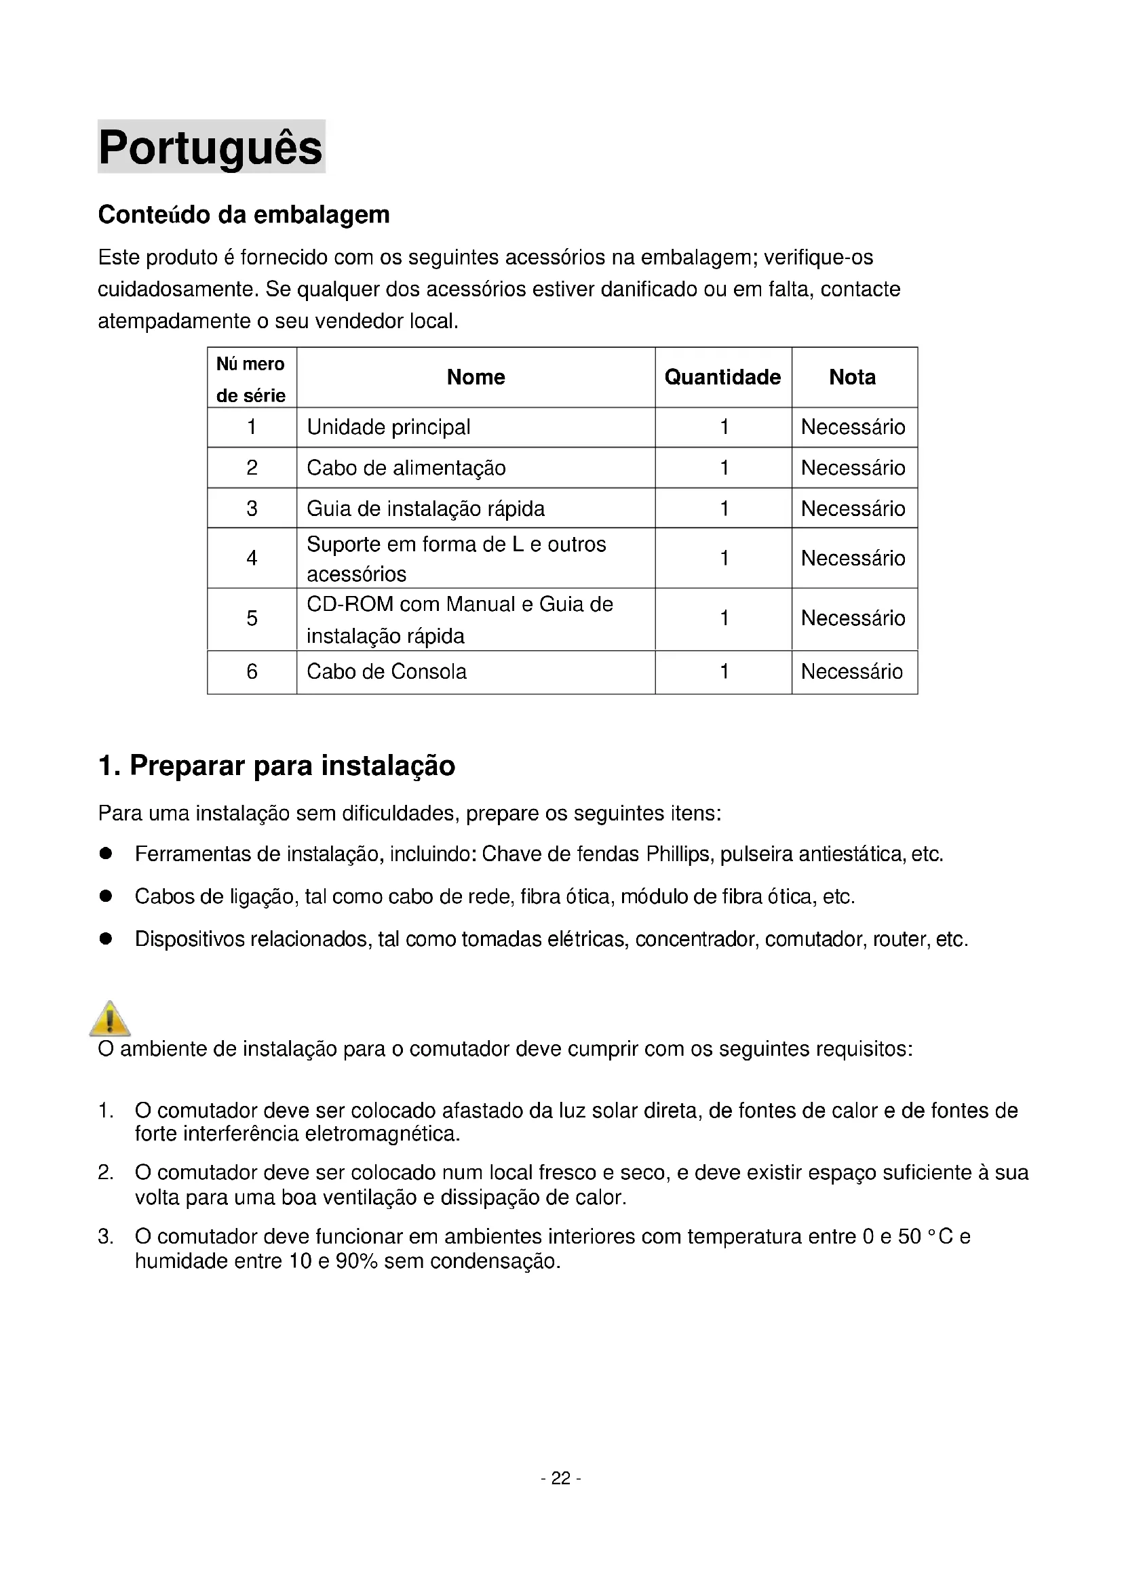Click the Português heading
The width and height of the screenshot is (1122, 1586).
point(211,147)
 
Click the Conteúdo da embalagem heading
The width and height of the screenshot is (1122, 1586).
point(244,215)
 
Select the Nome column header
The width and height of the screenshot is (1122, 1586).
point(476,377)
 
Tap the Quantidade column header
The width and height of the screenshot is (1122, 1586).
point(722,377)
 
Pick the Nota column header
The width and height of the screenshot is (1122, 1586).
point(852,377)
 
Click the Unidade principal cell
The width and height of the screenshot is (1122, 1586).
point(388,428)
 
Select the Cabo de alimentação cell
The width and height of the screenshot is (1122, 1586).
point(406,469)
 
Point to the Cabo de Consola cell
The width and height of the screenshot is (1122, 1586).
point(387,672)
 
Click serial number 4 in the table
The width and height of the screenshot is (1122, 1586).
point(252,558)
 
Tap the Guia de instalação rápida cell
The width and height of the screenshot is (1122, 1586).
point(425,509)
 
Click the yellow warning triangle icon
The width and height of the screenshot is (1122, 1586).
point(110,1019)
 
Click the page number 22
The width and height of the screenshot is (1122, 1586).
point(560,1478)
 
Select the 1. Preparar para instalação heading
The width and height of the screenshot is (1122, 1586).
point(276,766)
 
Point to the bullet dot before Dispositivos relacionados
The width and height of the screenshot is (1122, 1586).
point(106,938)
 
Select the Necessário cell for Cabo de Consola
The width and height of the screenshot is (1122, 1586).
point(852,672)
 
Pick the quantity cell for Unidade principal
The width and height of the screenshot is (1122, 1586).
point(724,428)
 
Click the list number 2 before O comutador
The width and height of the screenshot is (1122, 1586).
point(105,1173)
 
